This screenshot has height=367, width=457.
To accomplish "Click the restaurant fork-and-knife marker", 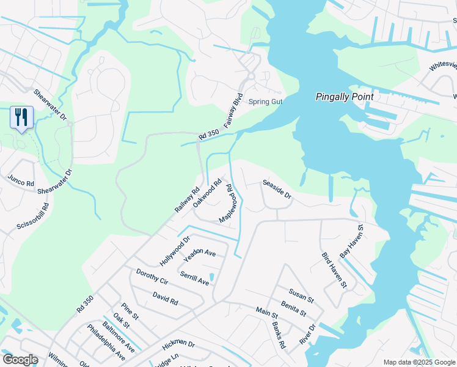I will click(20, 117).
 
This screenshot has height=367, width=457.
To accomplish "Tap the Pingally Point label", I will click(345, 97).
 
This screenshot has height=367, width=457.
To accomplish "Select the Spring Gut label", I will click(265, 102).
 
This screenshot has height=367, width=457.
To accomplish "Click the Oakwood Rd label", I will click(207, 192).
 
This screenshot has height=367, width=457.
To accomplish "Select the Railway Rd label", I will click(187, 199).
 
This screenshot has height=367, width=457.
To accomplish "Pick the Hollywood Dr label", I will click(175, 250).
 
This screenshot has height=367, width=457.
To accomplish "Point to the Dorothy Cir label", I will click(152, 277).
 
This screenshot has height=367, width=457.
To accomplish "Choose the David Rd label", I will click(166, 298).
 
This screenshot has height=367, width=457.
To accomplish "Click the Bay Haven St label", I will click(352, 240).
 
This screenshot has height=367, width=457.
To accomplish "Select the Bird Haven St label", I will click(334, 270).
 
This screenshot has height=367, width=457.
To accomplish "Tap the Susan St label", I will click(301, 296).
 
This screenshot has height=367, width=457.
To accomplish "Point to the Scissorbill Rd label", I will click(32, 216).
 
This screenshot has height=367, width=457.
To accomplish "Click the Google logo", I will click(20, 360).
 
